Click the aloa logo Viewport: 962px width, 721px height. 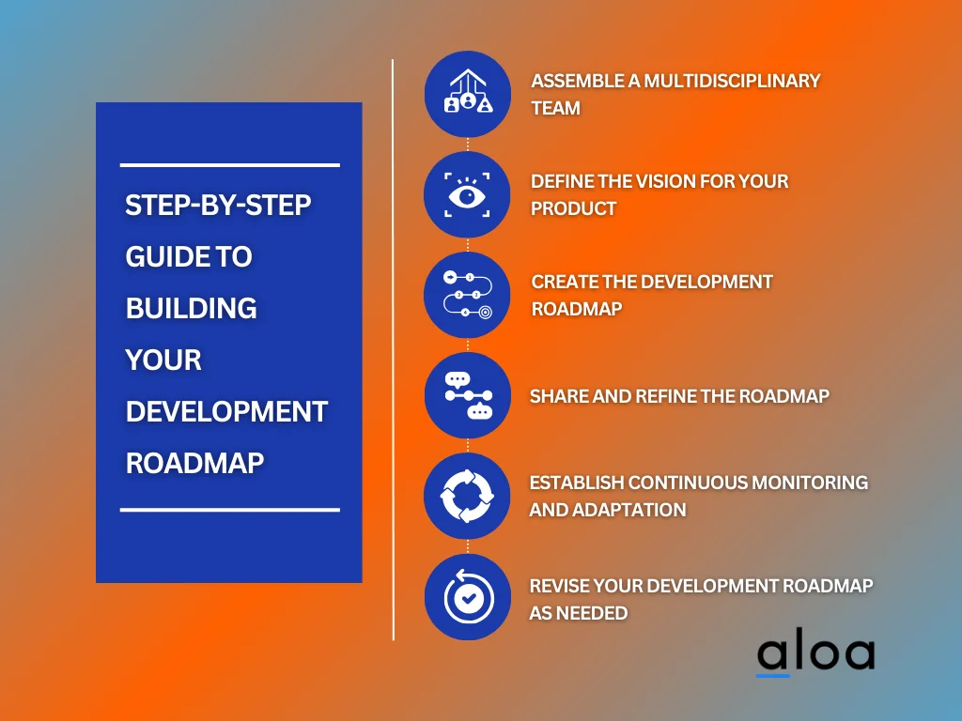click(815, 654)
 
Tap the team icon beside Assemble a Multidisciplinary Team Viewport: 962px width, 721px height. click(467, 94)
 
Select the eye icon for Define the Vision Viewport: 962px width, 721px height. click(467, 194)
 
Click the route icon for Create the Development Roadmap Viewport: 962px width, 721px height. click(467, 295)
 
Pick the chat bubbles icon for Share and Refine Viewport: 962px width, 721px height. click(467, 395)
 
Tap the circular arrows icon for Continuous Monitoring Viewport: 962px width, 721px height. click(467, 496)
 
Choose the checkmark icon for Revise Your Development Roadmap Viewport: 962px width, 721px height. click(467, 596)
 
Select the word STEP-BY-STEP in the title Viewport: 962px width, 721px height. click(218, 206)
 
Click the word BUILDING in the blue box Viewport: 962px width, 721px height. click(192, 308)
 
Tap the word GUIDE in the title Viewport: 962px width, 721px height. click(162, 256)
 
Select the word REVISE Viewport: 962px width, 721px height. click(560, 586)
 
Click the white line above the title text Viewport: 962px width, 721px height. click(229, 165)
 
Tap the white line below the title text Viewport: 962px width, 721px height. click(229, 510)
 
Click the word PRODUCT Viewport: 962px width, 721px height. click(573, 208)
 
